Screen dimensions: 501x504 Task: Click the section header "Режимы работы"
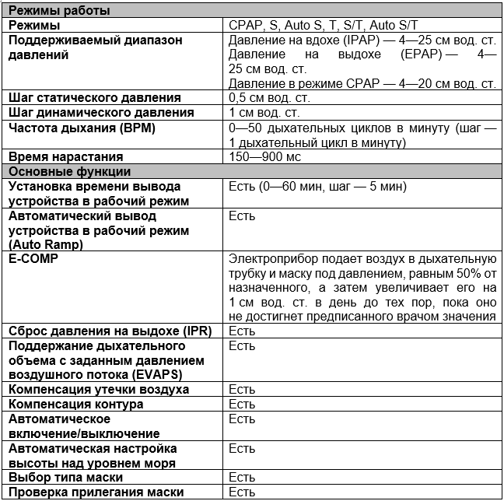tap(58, 11)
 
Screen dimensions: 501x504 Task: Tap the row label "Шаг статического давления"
tap(94, 98)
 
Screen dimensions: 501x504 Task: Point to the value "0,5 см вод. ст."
tap(270, 98)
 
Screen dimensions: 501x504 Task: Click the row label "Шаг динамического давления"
tap(100, 113)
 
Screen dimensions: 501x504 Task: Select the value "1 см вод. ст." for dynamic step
tap(265, 113)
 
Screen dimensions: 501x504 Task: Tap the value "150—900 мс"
tap(265, 156)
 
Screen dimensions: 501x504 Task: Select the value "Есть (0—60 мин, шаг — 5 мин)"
tap(318, 187)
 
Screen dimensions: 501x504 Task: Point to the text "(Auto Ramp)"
tap(46, 244)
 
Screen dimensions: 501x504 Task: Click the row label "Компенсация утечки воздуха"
tap(98, 389)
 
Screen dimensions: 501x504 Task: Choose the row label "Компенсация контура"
tap(75, 405)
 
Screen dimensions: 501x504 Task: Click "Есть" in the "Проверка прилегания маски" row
tap(242, 492)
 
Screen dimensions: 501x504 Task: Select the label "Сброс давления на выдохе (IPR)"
tap(108, 331)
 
